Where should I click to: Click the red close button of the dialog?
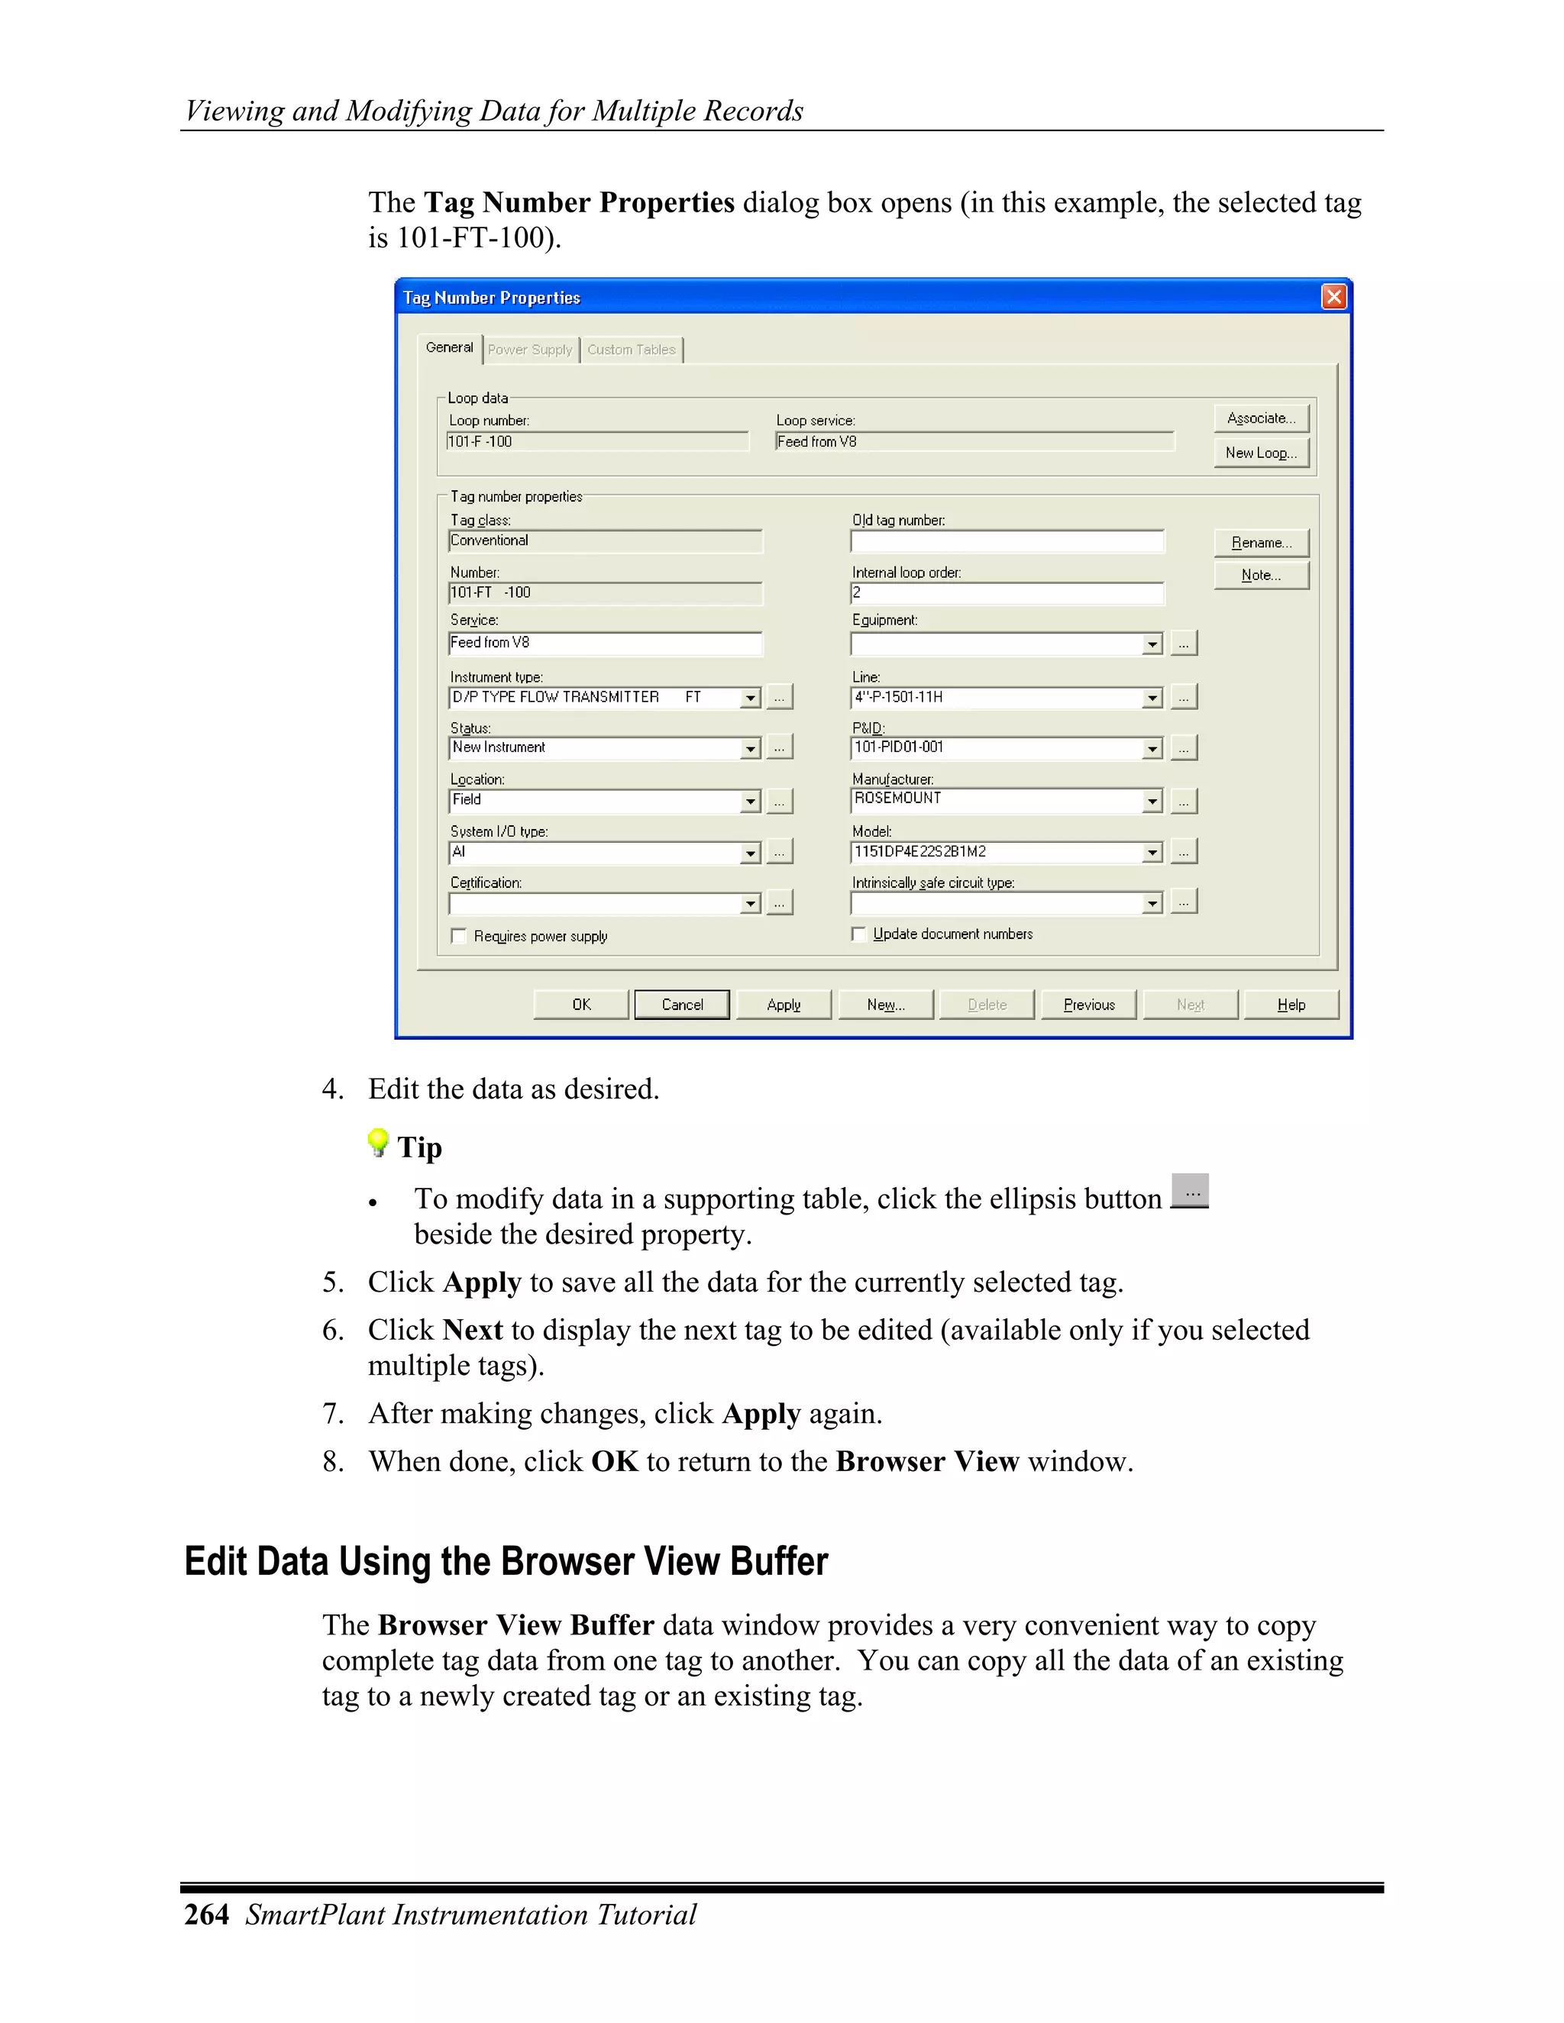[1333, 296]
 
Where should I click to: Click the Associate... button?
[1261, 418]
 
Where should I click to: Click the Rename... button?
[1261, 543]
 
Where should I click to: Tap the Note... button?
[1261, 576]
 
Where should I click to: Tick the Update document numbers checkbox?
[859, 934]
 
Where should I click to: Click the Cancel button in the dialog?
[682, 1005]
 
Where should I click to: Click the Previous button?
[1089, 1005]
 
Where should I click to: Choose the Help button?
[1291, 1005]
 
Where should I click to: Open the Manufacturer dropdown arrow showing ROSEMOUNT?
[1152, 802]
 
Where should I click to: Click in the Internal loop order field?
[1007, 593]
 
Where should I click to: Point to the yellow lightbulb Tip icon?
[378, 1142]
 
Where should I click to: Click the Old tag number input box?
[1007, 542]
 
